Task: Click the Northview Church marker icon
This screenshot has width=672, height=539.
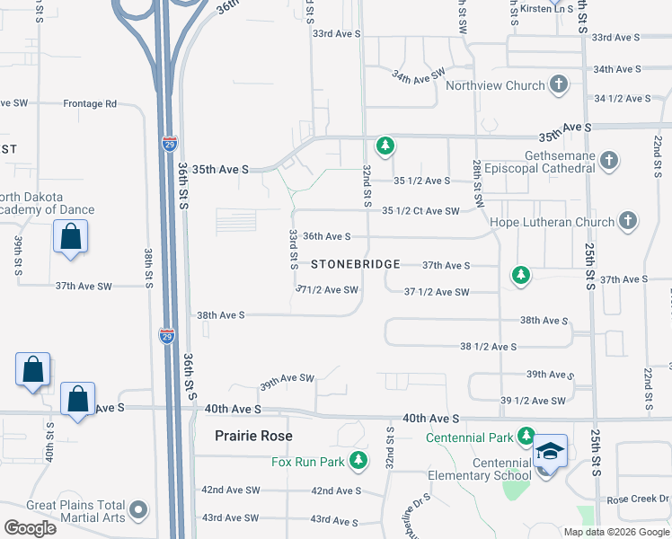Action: point(559,85)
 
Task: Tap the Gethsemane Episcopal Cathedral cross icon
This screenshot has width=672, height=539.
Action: point(609,161)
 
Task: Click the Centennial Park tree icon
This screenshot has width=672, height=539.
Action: point(526,437)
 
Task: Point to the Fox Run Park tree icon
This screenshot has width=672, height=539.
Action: point(358,462)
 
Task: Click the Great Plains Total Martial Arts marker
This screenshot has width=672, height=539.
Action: point(138,511)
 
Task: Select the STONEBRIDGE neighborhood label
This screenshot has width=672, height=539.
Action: point(354,265)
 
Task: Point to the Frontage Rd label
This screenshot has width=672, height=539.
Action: point(90,103)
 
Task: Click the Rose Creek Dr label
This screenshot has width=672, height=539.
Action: point(639,499)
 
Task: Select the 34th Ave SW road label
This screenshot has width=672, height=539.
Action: point(419,75)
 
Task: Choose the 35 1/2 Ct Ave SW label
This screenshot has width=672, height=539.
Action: point(420,210)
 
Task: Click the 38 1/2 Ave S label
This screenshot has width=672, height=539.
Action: point(488,346)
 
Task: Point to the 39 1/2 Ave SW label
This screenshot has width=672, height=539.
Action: point(533,400)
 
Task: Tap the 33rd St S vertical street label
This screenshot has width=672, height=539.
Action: point(293,248)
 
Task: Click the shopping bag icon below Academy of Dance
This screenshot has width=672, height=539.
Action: point(70,239)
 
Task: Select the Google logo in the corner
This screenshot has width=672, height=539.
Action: point(30,528)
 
